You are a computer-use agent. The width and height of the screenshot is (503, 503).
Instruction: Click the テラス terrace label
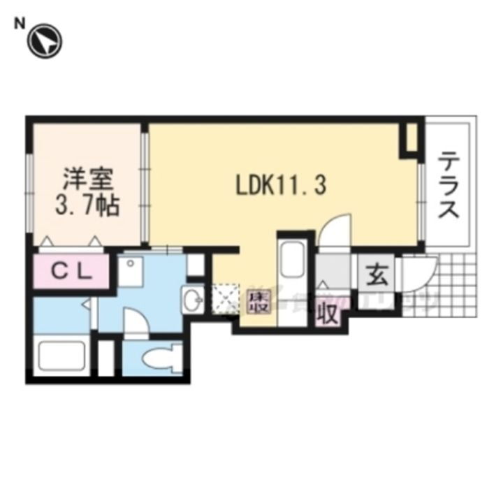448,187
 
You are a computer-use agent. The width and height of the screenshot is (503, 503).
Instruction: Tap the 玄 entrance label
376,275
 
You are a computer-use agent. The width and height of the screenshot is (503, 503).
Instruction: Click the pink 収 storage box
328,312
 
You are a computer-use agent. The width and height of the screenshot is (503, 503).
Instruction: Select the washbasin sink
192,300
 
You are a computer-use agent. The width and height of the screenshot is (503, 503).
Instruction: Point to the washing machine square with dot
131,270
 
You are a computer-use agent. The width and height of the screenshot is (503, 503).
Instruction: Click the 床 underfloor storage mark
258,302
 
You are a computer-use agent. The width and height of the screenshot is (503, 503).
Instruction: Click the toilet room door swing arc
137,326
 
